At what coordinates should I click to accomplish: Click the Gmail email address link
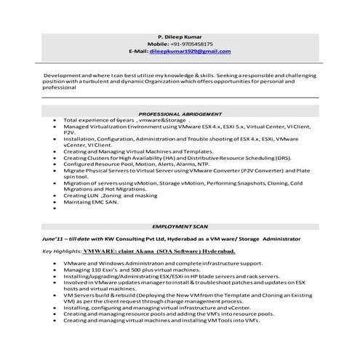[x=191, y=52]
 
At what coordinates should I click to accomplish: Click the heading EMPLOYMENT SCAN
[x=180, y=228]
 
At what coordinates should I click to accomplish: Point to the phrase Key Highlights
[x=62, y=252]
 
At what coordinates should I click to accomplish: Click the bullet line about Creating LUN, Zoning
[x=110, y=195]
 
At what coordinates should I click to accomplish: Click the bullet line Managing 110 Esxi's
[x=116, y=269]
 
